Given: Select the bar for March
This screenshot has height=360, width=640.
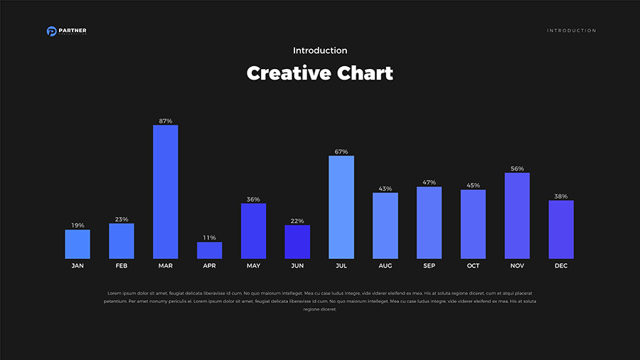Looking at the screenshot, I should click(166, 192).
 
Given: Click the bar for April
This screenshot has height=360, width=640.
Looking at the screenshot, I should click(210, 250).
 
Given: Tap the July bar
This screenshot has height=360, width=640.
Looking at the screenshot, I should click(341, 207).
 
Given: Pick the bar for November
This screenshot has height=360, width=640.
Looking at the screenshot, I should click(517, 216).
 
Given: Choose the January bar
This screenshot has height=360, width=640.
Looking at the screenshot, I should click(78, 244).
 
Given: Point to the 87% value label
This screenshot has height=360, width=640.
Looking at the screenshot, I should click(166, 121).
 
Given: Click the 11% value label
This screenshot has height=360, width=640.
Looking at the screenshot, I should click(210, 238).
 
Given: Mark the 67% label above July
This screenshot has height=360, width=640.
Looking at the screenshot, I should click(341, 152).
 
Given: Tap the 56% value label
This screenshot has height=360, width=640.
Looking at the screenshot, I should click(517, 169).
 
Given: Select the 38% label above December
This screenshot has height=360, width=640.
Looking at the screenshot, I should click(561, 196).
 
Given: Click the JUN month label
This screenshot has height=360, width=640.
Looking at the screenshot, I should click(297, 266).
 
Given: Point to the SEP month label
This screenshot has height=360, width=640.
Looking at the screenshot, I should click(430, 266).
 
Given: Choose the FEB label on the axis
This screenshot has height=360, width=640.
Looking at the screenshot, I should click(122, 266).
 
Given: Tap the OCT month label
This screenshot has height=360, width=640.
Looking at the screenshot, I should click(473, 266).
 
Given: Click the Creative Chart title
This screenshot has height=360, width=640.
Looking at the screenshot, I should click(320, 73).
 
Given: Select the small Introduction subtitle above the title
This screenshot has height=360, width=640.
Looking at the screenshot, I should click(320, 51).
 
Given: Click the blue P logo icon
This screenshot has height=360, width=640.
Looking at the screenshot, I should click(51, 31).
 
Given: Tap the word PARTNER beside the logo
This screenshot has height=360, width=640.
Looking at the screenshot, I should click(73, 30).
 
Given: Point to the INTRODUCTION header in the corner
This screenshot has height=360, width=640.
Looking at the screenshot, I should click(572, 31).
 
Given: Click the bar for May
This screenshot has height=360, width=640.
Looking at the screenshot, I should click(253, 231).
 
